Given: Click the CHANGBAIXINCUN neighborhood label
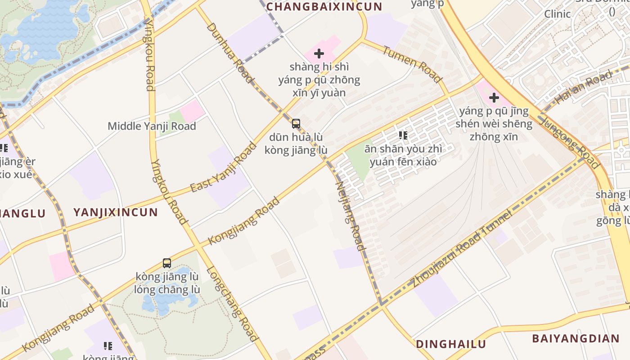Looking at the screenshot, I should pyautogui.click(x=324, y=7).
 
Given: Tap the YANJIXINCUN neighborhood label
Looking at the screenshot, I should pyautogui.click(x=116, y=212).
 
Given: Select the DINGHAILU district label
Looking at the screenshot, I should pyautogui.click(x=451, y=344).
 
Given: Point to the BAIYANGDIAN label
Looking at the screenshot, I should pyautogui.click(x=576, y=339).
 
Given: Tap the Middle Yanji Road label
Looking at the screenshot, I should pyautogui.click(x=152, y=126).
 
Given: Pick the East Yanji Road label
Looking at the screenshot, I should pyautogui.click(x=223, y=167).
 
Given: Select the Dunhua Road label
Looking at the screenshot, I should pyautogui.click(x=230, y=53).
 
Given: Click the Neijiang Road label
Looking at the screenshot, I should pyautogui.click(x=350, y=216).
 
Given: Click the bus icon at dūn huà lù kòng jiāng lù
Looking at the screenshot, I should pyautogui.click(x=296, y=123).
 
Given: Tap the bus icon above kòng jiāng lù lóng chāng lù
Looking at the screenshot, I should pyautogui.click(x=167, y=263).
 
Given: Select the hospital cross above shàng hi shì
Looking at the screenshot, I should pyautogui.click(x=319, y=54).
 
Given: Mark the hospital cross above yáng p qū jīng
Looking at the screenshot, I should pyautogui.click(x=494, y=97).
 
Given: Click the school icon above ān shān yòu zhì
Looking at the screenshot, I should pyautogui.click(x=403, y=135).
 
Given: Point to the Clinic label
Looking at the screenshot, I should pyautogui.click(x=558, y=14).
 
